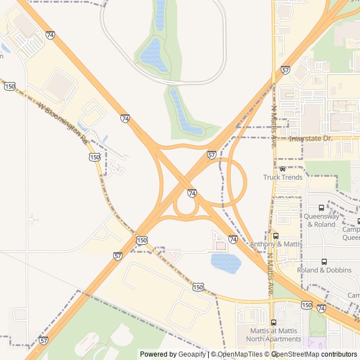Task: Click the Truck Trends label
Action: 283,178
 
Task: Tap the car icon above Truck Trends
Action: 282,169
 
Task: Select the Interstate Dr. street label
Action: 311,138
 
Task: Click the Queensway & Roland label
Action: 321,220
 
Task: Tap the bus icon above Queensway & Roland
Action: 321,208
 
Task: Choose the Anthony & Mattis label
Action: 276,244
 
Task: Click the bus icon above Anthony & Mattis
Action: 276,236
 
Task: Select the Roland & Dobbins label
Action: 324,270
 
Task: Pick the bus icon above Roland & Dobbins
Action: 324,262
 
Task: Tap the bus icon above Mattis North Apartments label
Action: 273,322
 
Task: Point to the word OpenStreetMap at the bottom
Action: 295,354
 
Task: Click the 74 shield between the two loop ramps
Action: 192,193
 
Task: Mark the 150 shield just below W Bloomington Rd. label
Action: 94,157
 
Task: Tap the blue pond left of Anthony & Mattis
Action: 226,262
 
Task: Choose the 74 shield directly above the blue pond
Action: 233,239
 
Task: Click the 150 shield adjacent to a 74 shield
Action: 306,305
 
